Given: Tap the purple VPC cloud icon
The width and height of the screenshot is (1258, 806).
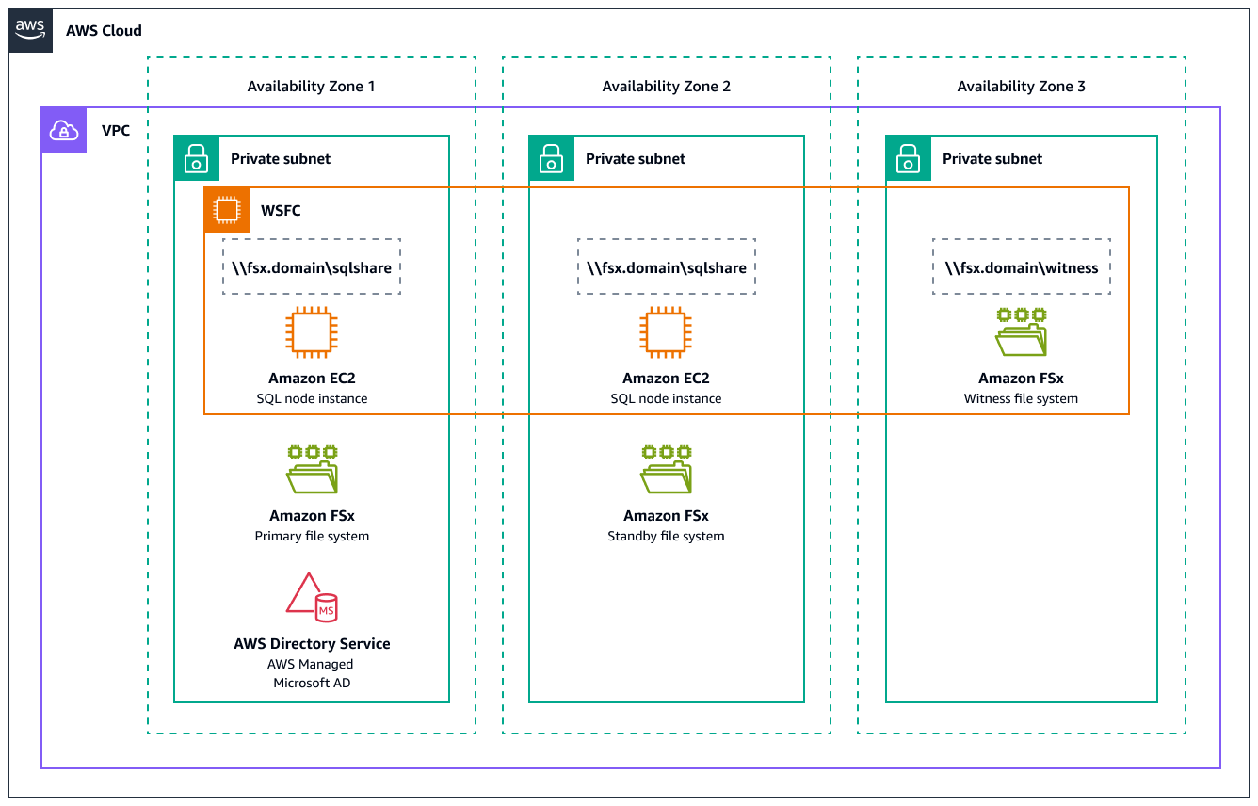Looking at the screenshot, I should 64,130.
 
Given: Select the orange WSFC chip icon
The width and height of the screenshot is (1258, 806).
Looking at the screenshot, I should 226,210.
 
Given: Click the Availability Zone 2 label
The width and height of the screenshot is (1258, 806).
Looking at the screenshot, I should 666,87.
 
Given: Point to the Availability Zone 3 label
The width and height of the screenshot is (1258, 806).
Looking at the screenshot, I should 1021,87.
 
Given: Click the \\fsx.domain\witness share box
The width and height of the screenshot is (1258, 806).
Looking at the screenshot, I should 1022,267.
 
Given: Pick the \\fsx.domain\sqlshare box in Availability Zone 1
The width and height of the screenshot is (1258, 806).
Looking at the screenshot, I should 312,267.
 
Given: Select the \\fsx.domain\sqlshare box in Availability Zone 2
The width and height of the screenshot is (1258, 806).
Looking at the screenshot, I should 666,267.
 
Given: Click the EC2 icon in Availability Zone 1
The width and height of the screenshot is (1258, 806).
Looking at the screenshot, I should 312,332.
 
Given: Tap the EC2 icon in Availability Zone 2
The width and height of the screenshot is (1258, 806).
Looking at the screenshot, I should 666,332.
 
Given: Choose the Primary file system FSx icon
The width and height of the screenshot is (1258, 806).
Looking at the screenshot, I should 312,469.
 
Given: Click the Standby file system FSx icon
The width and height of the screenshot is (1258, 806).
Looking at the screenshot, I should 666,469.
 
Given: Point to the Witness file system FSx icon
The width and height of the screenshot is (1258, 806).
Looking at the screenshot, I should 1022,331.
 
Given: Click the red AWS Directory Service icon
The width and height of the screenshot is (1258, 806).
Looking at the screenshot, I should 312,597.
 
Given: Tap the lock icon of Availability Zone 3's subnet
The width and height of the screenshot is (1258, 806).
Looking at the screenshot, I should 908,158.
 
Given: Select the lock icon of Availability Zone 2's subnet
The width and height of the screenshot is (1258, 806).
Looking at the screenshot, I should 551,158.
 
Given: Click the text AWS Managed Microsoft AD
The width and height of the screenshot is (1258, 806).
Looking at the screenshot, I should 312,673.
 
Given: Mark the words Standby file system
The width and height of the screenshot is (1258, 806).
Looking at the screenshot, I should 666,536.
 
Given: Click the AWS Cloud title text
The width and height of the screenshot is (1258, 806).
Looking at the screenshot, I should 104,30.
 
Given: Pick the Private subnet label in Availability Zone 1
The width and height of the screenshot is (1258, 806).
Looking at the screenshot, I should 281,159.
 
